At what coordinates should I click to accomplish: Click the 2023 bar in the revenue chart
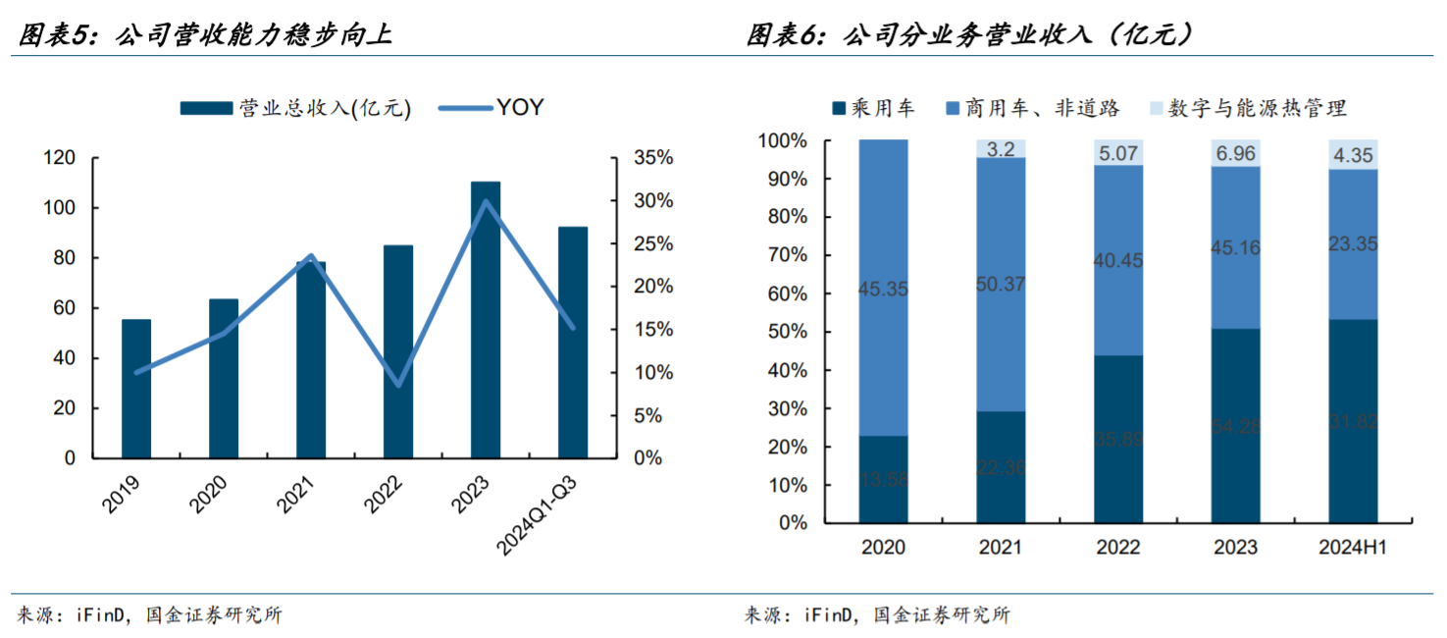[485, 320]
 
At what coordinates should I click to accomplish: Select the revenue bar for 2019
[136, 389]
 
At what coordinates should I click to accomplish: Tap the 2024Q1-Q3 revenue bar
[572, 343]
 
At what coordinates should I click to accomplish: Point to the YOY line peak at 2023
[486, 201]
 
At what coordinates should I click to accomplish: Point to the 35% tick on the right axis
[653, 158]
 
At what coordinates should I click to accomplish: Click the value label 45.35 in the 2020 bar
[883, 290]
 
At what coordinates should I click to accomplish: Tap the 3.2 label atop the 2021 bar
[1001, 150]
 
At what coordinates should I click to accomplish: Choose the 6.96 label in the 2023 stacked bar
[1235, 153]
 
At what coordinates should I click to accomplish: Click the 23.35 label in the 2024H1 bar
[1353, 244]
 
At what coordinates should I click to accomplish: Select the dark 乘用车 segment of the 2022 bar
[1118, 439]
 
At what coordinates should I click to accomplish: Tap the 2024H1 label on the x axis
[1353, 547]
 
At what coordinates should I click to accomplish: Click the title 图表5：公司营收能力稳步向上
[205, 36]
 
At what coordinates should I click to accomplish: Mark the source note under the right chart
[876, 615]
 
